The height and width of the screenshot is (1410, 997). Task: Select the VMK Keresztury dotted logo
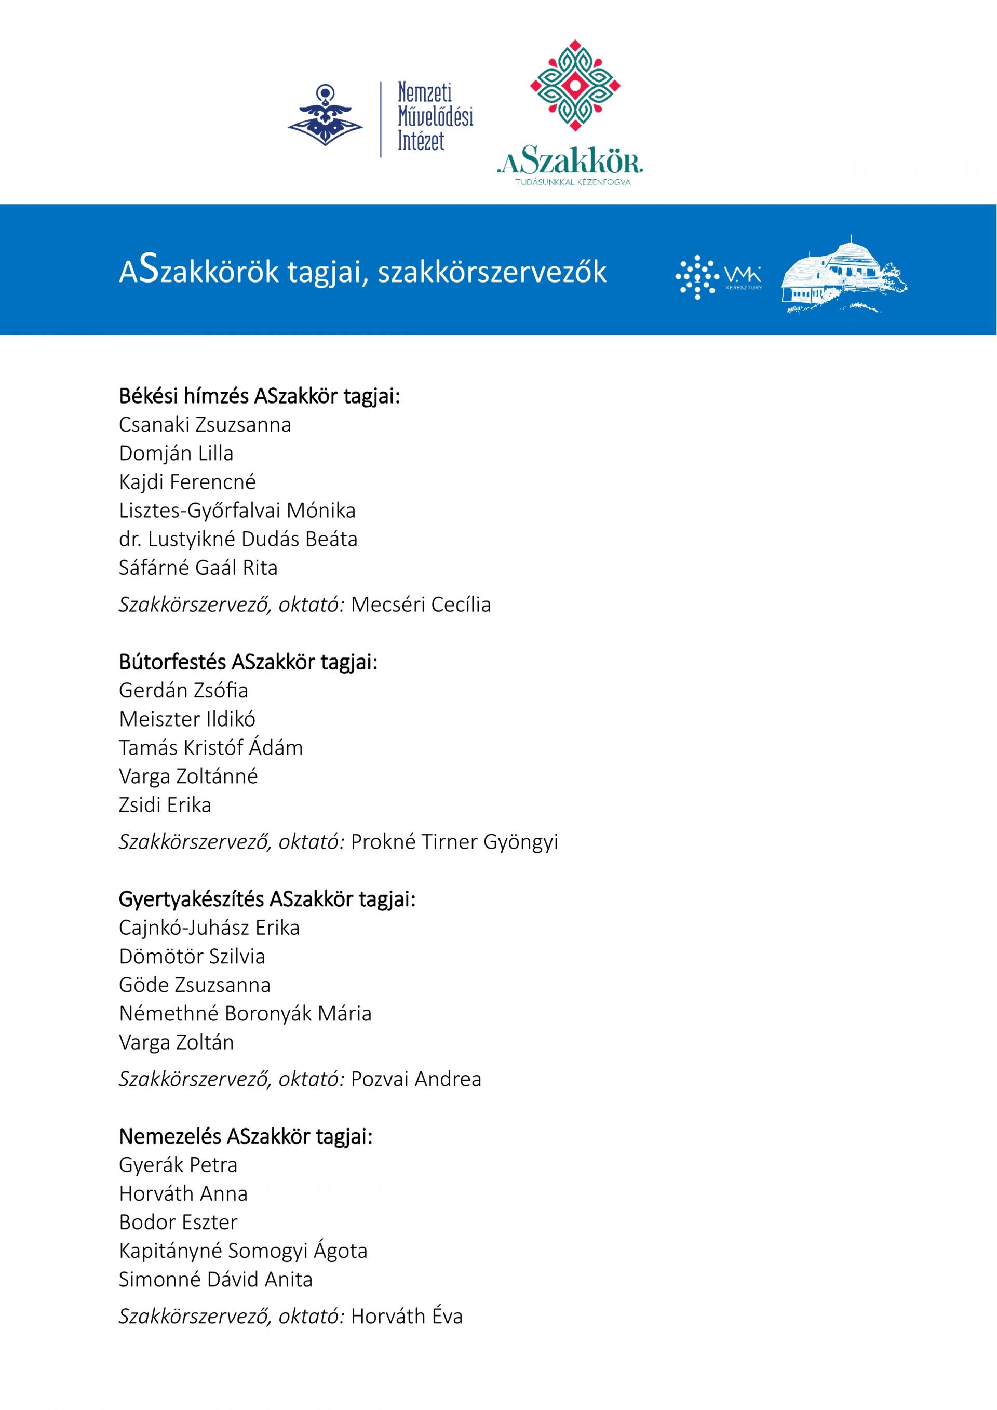point(718,277)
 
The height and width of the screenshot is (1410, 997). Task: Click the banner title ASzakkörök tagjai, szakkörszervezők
point(362,271)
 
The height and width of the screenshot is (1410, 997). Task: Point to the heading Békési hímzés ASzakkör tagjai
point(259,396)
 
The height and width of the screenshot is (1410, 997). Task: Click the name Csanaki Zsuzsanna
point(205,425)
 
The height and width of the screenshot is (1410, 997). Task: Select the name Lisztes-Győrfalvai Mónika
point(237,511)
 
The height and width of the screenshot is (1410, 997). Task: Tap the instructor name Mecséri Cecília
point(421,605)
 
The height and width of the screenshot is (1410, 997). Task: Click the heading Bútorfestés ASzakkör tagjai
point(248,662)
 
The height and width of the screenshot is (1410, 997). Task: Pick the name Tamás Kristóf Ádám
point(211,747)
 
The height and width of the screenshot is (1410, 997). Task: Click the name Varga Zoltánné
point(188,776)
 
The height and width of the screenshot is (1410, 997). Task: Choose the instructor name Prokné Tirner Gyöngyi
point(454,841)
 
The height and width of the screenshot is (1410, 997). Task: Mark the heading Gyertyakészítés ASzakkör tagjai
point(267,899)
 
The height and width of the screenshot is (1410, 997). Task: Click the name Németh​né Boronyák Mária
point(245,1013)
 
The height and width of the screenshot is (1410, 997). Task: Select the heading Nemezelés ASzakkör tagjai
point(246,1136)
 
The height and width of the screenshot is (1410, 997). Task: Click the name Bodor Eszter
point(178,1222)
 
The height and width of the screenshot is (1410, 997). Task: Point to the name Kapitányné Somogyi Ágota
point(243,1251)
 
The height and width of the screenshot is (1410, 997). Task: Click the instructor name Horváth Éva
point(407,1316)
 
